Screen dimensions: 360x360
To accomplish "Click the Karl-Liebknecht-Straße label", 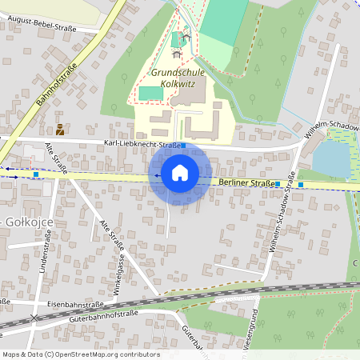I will tap(141, 145).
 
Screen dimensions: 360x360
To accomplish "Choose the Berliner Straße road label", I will tap(244, 183).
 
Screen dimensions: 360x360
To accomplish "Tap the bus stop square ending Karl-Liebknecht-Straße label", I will tap(183, 146).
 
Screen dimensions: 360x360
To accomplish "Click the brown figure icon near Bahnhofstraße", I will tap(59, 129).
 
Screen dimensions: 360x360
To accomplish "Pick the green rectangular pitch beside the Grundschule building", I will tap(149, 93).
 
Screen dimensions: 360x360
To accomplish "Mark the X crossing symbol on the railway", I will tap(34, 318).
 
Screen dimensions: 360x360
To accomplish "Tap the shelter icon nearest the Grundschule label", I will tap(176, 54).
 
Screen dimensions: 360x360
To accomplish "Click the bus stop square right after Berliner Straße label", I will tap(277, 184).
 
